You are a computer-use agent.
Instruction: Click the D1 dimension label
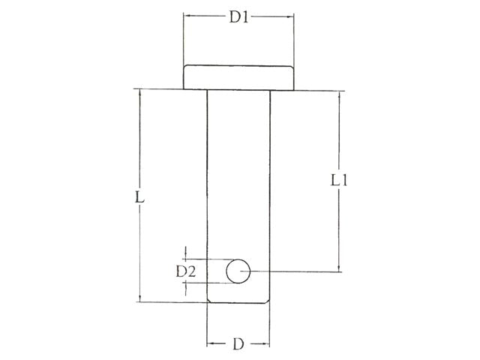pos(238,16)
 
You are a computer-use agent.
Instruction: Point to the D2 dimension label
pos(185,271)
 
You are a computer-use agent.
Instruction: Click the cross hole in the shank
pos(238,271)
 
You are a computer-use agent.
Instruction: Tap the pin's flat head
pos(238,77)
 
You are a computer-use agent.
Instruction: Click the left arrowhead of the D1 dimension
pos(187,16)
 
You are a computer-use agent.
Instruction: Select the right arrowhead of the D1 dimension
pos(290,16)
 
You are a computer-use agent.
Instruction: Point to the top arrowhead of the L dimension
pos(139,93)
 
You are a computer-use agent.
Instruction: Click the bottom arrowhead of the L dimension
pos(139,298)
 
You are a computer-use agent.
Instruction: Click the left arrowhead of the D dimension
pos(210,344)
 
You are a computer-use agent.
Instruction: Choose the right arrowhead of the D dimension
pos(265,344)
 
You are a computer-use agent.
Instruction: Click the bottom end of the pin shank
pos(238,301)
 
